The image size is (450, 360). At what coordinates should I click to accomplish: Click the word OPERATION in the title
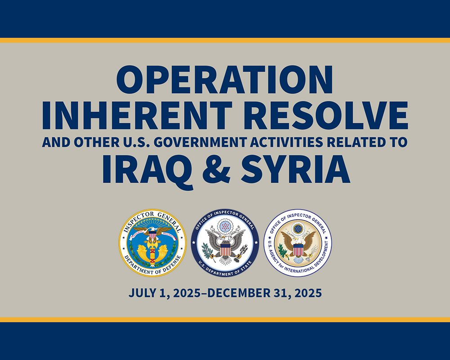[x=225, y=80]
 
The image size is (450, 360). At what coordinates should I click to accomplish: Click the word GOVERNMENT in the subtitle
[x=200, y=142]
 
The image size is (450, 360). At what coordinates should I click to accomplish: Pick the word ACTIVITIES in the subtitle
[x=286, y=142]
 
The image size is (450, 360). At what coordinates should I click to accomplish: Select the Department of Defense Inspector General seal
[x=153, y=243]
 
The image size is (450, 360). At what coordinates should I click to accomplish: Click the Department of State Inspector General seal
[x=225, y=243]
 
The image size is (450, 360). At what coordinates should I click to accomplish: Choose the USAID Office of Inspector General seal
[x=297, y=243]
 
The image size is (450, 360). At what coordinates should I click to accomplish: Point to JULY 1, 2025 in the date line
[x=164, y=293]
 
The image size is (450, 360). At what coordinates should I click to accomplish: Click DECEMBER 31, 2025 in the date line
[x=264, y=293]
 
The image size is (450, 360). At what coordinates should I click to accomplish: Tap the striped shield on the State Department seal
[x=225, y=249]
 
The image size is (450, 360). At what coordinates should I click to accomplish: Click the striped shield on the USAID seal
[x=298, y=250]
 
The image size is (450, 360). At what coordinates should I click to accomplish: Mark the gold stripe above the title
[x=225, y=40]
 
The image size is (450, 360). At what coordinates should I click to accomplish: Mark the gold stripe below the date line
[x=225, y=319]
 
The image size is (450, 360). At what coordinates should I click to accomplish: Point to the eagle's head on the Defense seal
[x=153, y=229]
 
